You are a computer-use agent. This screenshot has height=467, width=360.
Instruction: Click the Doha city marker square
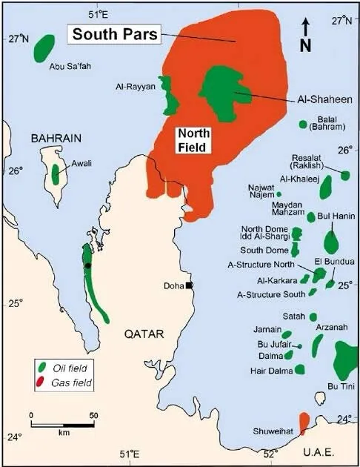pyautogui.click(x=190, y=285)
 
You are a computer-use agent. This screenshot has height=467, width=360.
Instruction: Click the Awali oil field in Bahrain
pyautogui.click(x=55, y=173)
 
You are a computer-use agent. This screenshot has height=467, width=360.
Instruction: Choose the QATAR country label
pyautogui.click(x=147, y=334)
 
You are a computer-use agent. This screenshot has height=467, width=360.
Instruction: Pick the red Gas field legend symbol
pyautogui.click(x=43, y=382)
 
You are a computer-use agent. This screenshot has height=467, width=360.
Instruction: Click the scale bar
pyautogui.click(x=62, y=425)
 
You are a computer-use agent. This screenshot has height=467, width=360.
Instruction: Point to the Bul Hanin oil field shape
pyautogui.click(x=331, y=241)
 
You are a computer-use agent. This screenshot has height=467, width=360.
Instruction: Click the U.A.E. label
pyautogui.click(x=323, y=452)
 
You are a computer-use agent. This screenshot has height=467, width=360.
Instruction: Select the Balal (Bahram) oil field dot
pyautogui.click(x=302, y=124)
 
